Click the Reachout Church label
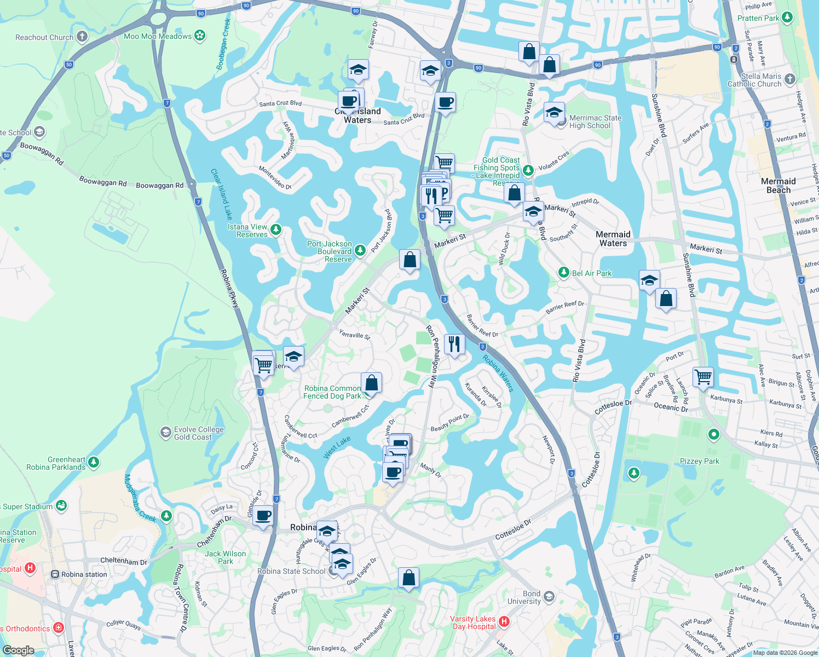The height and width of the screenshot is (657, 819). click(44, 37)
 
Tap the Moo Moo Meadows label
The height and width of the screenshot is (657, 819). click(158, 36)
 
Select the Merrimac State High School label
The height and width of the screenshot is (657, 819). click(595, 122)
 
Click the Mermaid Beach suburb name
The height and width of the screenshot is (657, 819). click(778, 186)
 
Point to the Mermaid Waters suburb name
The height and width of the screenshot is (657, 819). click(613, 239)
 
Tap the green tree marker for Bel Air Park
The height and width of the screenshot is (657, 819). click(563, 272)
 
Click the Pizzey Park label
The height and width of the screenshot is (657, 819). click(699, 461)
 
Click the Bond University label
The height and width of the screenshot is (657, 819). click(524, 597)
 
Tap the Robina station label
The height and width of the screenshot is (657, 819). click(84, 574)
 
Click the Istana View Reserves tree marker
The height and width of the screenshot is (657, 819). click(275, 229)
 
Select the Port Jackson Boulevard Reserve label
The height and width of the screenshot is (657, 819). click(330, 251)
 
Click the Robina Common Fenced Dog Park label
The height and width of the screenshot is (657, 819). click(332, 392)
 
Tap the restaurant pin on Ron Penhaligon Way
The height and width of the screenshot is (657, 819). click(454, 344)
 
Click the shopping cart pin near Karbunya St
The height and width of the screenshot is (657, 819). click(703, 377)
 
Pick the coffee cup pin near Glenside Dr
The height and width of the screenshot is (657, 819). click(263, 516)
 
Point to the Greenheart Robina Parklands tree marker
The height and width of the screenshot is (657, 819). click(94, 463)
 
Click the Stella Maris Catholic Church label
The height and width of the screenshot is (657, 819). click(754, 80)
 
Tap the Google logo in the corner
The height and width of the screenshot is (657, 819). click(19, 650)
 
